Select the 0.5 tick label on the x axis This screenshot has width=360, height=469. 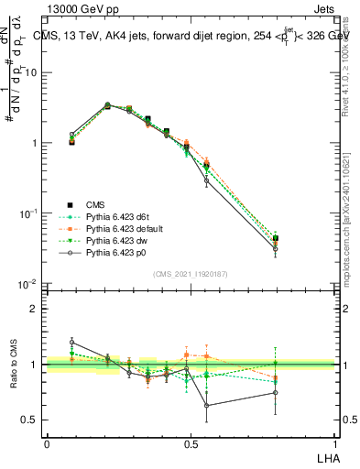(x=191, y=442)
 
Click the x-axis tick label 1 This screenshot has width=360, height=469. (x=335, y=442)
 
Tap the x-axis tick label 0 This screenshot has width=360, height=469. (x=47, y=442)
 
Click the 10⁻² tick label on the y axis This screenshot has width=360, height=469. (x=30, y=285)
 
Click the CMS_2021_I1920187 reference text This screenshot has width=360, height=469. (x=191, y=274)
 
